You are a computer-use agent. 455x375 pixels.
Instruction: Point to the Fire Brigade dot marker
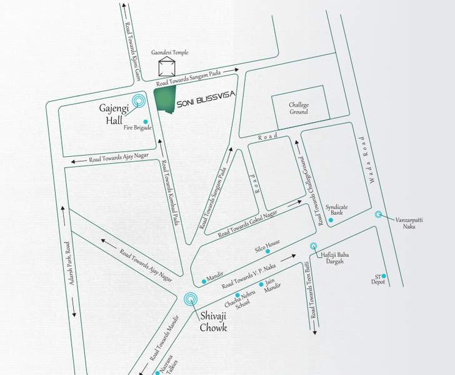click(146, 121)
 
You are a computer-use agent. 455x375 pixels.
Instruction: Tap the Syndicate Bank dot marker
click(330, 221)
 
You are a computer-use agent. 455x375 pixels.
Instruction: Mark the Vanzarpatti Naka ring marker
click(378, 214)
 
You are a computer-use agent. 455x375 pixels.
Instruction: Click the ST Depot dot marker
click(384, 276)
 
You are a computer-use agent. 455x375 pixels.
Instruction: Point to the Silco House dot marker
click(266, 254)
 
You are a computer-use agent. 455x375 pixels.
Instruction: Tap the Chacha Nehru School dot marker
click(237, 295)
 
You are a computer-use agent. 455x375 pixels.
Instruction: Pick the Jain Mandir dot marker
click(269, 284)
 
